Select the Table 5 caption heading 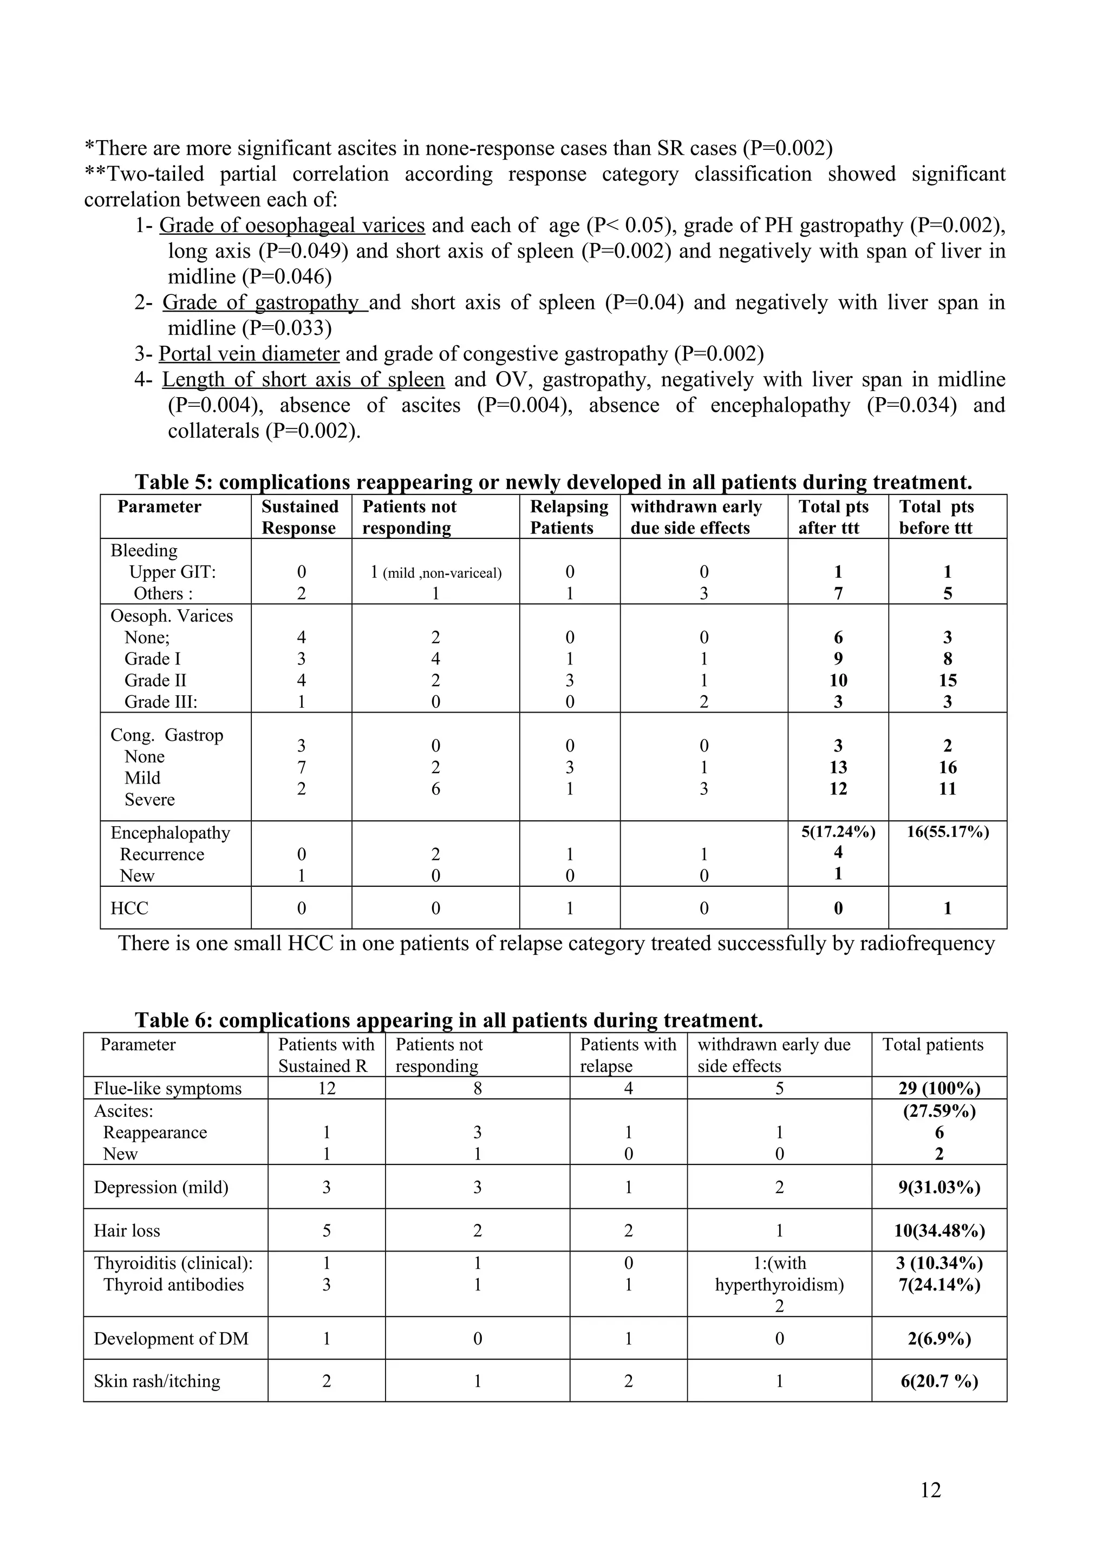[553, 482]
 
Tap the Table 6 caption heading [448, 1020]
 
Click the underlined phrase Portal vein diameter [250, 354]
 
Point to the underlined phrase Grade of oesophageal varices [292, 226]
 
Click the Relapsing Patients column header [569, 517]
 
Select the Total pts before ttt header [936, 517]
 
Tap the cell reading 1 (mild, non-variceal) [436, 572]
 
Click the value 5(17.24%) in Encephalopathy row [838, 832]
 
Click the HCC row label [130, 908]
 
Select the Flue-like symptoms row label [168, 1089]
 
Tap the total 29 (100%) [939, 1089]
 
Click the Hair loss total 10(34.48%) [940, 1230]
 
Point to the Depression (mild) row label [161, 1187]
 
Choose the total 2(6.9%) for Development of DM [940, 1339]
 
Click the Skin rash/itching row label [157, 1381]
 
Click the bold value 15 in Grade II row [948, 680]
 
